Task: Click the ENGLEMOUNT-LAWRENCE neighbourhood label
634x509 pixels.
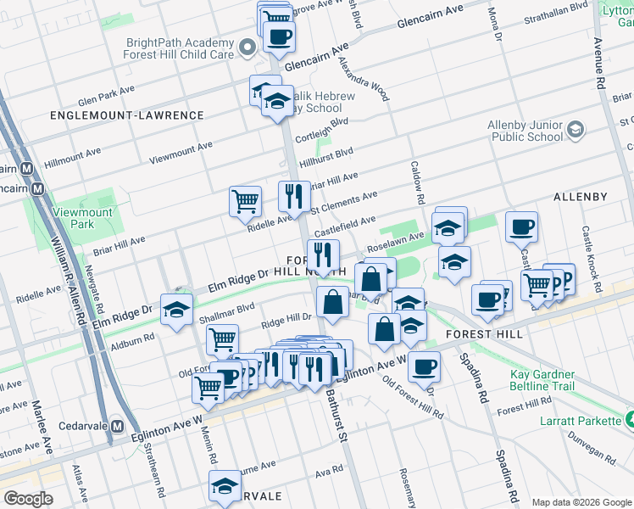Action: (x=127, y=115)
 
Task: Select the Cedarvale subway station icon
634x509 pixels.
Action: (x=119, y=426)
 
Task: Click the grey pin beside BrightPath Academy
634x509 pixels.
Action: (x=247, y=48)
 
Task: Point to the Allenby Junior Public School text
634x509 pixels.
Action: (x=525, y=131)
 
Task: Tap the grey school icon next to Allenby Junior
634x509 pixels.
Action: (x=576, y=129)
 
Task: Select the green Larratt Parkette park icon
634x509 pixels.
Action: (x=628, y=419)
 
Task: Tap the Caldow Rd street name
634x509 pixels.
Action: (x=418, y=182)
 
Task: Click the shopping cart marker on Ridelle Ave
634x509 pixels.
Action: (x=245, y=201)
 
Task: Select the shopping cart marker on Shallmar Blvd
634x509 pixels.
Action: (x=222, y=338)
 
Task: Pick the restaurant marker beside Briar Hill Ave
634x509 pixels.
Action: (x=294, y=196)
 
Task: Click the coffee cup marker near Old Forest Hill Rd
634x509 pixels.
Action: (x=424, y=366)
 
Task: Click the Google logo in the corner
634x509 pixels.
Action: (x=28, y=499)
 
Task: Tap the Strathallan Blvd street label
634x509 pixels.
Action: (x=557, y=6)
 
